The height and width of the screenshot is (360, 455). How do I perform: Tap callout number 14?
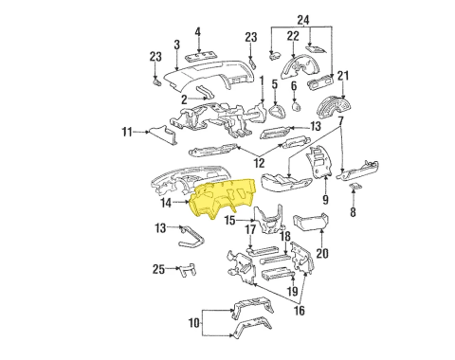coord(166,202)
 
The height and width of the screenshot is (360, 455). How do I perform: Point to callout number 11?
coord(126,132)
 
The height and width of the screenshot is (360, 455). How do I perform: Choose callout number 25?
coord(158,269)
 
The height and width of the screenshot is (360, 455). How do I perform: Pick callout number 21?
coord(344,76)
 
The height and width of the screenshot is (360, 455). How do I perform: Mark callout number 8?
coord(353,214)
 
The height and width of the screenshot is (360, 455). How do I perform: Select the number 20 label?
coord(322,253)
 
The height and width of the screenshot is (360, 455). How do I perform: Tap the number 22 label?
coord(293,36)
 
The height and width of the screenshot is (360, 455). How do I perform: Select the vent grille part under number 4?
coord(198,61)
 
